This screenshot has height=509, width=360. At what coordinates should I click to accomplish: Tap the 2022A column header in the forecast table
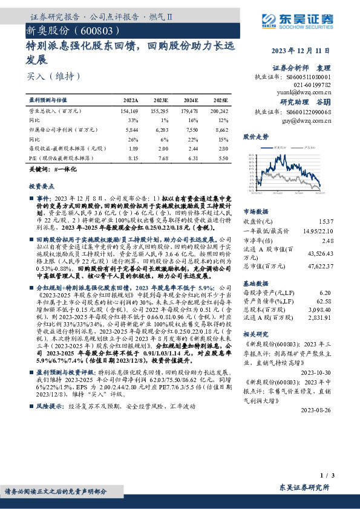pyautogui.click(x=130, y=99)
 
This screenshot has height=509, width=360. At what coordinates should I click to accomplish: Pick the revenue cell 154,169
pyautogui.click(x=129, y=112)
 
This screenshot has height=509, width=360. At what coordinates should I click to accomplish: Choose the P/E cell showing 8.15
pyautogui.click(x=132, y=157)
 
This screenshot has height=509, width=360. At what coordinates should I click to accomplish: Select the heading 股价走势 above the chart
pyautogui.click(x=256, y=137)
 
